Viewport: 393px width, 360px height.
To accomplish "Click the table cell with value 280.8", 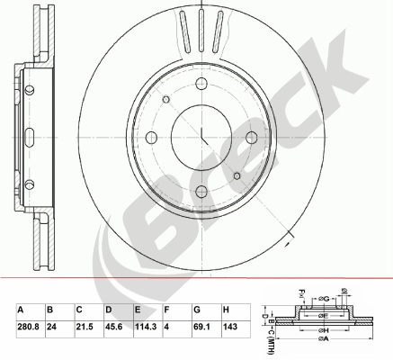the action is click(29, 327).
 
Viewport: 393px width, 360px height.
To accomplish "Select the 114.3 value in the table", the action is click(146, 327).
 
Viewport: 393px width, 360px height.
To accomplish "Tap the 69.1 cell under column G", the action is click(201, 327).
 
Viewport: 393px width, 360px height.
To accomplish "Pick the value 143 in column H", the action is click(230, 327).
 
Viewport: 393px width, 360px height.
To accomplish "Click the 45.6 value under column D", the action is click(113, 327).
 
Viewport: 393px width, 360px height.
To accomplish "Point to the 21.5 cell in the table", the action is click(84, 327).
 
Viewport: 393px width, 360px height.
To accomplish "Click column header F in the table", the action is click(166, 310).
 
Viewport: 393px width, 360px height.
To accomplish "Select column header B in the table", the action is click(49, 310).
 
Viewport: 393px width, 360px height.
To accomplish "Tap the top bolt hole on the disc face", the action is click(201, 83).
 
